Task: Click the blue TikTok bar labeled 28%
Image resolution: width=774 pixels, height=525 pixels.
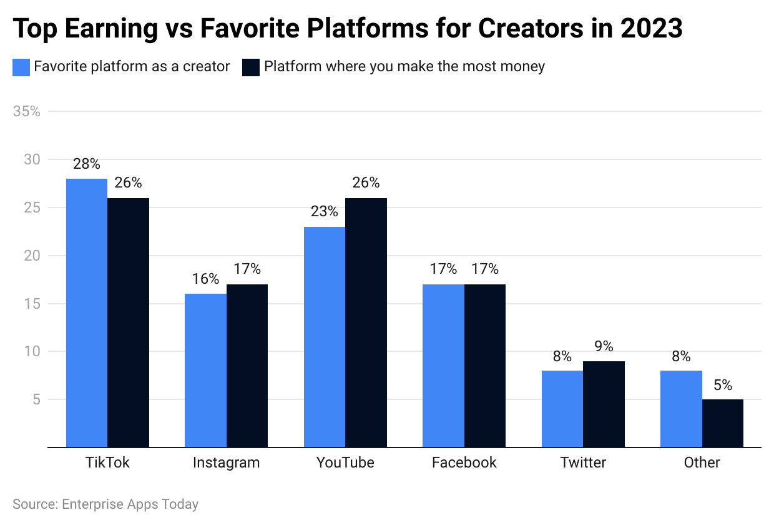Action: [87, 312]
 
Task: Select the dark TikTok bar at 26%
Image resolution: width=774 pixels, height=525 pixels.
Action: [129, 322]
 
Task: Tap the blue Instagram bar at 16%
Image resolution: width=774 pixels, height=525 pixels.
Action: [205, 370]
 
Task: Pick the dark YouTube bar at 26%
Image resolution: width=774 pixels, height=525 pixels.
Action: [366, 322]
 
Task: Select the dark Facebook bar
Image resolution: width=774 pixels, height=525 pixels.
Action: [485, 366]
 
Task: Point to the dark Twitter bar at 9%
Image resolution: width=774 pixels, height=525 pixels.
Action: [604, 404]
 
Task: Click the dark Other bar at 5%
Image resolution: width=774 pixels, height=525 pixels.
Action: [723, 423]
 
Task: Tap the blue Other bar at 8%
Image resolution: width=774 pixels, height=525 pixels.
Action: [681, 409]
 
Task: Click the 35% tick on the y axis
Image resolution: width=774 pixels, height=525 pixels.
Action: [26, 112]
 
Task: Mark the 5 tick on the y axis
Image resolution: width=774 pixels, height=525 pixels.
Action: [35, 399]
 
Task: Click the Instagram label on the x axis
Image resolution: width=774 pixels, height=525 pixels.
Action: [226, 462]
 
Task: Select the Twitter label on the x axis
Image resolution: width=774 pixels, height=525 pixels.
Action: [583, 462]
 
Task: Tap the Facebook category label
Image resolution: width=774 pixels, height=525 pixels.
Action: [464, 462]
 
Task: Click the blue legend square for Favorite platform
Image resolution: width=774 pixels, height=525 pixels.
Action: [21, 67]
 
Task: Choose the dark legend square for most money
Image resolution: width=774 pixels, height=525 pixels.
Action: [250, 67]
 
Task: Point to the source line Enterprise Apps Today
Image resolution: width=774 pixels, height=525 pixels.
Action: [105, 504]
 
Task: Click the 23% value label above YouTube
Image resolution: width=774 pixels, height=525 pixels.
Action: [324, 211]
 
